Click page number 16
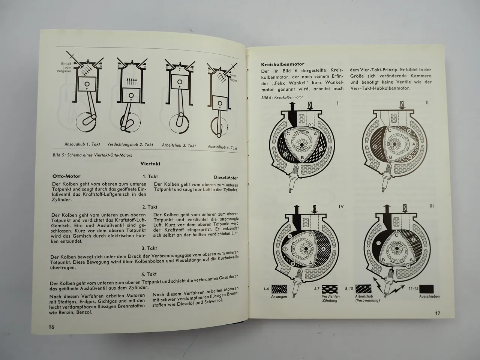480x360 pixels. (51, 327)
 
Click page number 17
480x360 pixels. (437, 313)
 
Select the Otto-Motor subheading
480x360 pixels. (67, 176)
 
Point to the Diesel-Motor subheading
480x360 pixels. (226, 178)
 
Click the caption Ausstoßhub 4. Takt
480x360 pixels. (222, 147)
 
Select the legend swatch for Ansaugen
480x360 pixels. (279, 289)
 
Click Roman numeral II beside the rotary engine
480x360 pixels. (427, 102)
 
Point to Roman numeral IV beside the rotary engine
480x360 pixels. (341, 206)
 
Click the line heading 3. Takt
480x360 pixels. (149, 248)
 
